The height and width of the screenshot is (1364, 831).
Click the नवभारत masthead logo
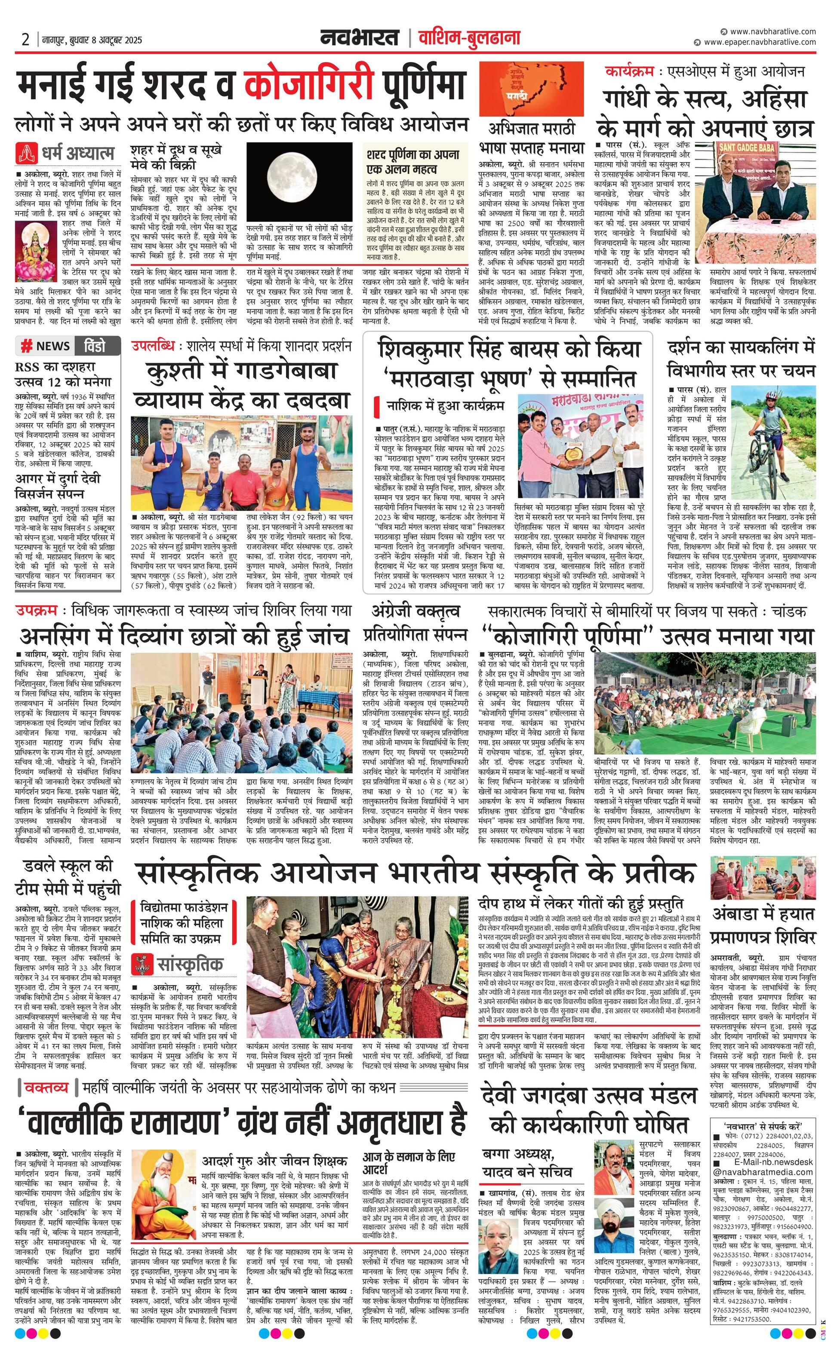pyautogui.click(x=359, y=38)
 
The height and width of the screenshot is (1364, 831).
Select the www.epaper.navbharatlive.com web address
pyautogui.click(x=760, y=42)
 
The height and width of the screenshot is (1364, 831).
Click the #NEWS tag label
pyautogui.click(x=46, y=346)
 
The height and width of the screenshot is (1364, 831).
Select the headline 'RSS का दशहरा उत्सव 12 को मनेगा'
pyautogui.click(x=63, y=374)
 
